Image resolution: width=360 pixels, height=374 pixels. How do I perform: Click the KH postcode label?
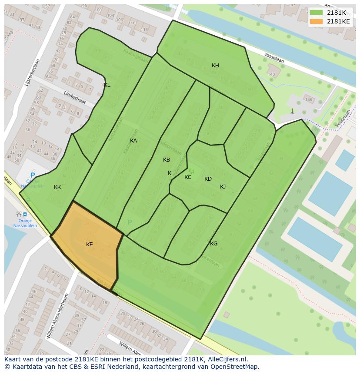click(x=215, y=66)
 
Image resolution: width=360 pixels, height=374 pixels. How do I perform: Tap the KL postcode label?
click(x=107, y=85)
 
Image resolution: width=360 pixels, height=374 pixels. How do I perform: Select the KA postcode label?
click(x=133, y=141)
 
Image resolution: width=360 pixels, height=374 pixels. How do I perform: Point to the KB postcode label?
click(x=167, y=160)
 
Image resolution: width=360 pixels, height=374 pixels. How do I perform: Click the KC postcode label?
click(x=188, y=177)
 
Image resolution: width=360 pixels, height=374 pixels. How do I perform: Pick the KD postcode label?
click(x=208, y=179)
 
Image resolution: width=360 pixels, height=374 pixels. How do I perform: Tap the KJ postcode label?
click(x=223, y=187)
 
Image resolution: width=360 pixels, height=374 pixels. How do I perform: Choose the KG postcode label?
click(x=213, y=244)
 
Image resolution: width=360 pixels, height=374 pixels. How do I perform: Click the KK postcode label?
click(x=57, y=187)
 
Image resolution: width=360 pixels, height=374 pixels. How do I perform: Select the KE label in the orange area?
click(x=89, y=245)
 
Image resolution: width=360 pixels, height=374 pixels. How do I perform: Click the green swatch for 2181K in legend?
click(x=316, y=13)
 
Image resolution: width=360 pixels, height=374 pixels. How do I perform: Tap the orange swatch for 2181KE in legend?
click(x=316, y=21)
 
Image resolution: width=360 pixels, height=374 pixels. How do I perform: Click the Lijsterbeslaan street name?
click(x=32, y=72)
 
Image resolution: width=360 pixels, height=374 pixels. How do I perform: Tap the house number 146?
click(x=309, y=100)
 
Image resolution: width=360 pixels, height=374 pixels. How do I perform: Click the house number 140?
click(x=272, y=74)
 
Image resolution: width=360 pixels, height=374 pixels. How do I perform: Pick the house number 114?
click(x=144, y=30)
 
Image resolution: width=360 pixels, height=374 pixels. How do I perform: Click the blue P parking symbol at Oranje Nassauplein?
click(x=33, y=175)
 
